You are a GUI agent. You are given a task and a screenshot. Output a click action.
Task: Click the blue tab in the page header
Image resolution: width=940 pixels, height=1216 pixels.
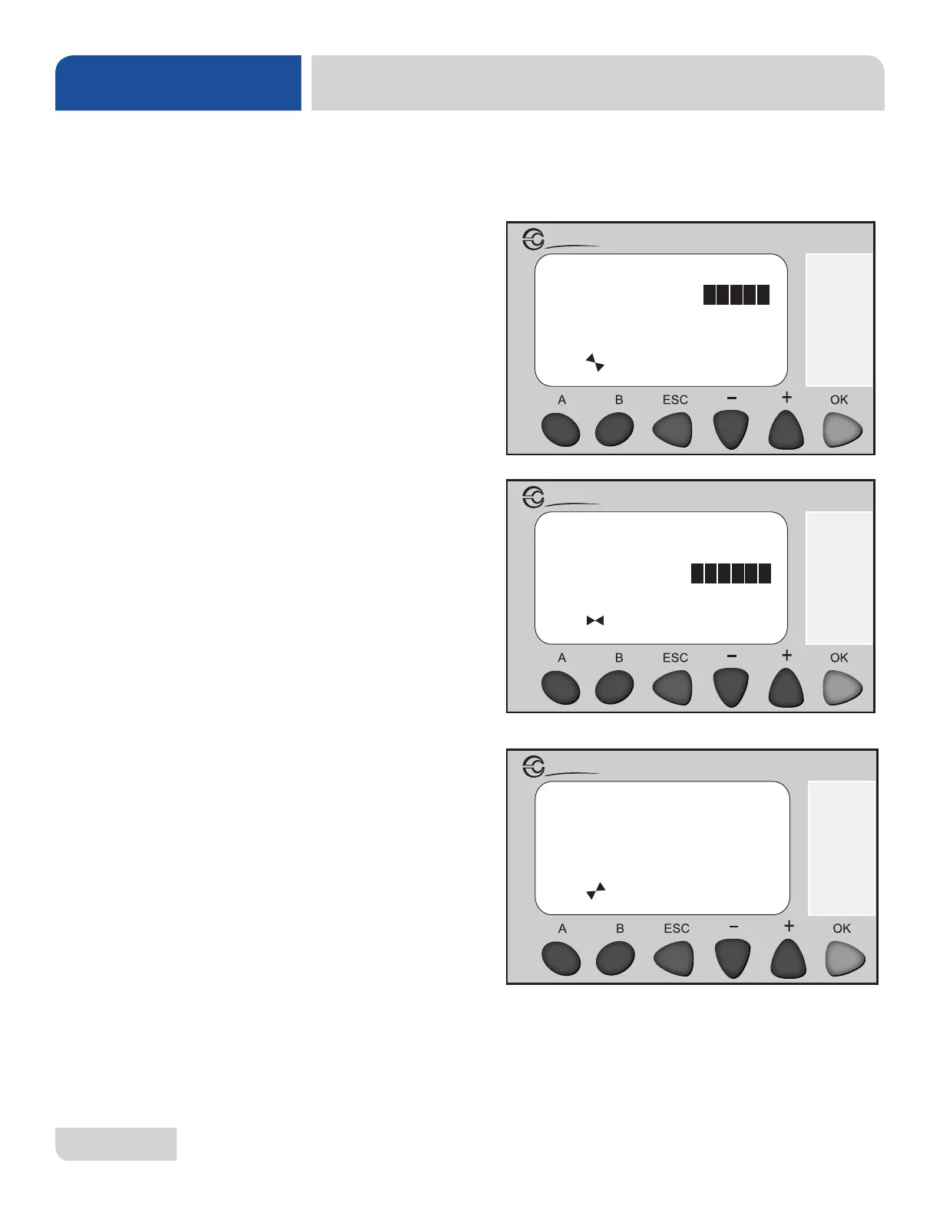point(178,83)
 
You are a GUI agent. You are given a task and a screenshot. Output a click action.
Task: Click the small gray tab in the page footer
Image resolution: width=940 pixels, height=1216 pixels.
point(116,1144)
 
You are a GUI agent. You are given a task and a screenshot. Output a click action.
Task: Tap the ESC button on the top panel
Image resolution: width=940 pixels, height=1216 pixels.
point(673,430)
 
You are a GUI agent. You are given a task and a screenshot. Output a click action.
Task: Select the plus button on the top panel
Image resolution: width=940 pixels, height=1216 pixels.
point(786,430)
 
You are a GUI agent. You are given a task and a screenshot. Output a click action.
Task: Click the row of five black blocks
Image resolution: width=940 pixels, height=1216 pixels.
point(736,295)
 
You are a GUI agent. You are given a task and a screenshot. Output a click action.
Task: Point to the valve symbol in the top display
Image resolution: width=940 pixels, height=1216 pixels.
point(595,362)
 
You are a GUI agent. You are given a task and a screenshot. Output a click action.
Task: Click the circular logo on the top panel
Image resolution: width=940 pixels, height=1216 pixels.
point(533,240)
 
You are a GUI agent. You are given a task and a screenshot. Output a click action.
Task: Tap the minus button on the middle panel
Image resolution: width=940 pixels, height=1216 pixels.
point(730,688)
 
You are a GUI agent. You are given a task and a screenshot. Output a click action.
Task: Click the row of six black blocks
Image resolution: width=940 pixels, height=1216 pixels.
point(731,573)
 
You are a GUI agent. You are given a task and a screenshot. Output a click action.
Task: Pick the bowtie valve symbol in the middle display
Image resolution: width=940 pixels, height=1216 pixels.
point(595,620)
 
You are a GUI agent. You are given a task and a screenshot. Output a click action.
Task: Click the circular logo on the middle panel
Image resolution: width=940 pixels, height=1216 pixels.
point(533,497)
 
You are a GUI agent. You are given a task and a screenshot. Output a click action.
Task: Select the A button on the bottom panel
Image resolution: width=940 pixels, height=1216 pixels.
point(561,959)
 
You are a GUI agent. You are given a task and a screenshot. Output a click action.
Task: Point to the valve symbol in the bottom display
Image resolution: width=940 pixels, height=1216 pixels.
point(596,891)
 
